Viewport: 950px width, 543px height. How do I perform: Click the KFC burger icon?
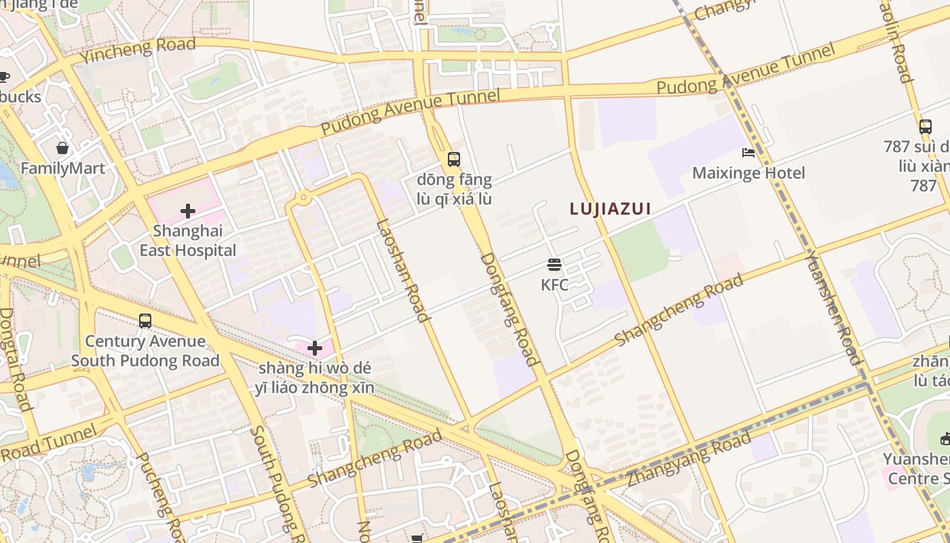(554, 265)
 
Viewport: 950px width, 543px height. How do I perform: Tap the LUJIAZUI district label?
(611, 209)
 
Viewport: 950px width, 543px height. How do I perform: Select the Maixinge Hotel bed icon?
(748, 153)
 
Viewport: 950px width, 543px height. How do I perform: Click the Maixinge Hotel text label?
(748, 173)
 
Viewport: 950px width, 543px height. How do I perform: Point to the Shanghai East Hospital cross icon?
(188, 211)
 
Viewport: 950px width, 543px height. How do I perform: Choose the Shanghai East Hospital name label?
(188, 241)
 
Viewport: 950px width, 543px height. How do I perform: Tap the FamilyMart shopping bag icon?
(62, 148)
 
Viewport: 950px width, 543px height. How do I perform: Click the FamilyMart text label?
(62, 168)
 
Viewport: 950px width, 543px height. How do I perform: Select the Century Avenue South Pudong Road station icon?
(145, 321)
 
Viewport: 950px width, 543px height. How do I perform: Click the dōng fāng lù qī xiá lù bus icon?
(454, 160)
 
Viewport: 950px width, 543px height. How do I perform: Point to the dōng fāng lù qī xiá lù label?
(454, 190)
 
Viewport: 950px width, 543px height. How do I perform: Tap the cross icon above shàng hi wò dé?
(315, 348)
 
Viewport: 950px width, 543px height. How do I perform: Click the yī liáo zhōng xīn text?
(315, 388)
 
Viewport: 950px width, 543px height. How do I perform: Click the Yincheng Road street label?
(138, 50)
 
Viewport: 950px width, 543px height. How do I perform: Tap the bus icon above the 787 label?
(926, 126)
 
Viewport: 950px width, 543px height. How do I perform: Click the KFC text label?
(554, 285)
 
